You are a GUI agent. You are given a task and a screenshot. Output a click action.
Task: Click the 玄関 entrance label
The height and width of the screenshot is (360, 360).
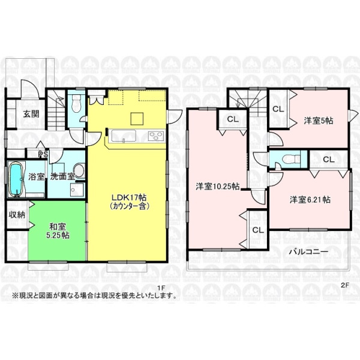click(x=31, y=114)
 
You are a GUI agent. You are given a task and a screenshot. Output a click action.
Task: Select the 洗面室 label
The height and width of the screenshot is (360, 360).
click(x=62, y=176)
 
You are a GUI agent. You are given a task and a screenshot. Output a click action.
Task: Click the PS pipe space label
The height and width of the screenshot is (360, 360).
click(x=43, y=154)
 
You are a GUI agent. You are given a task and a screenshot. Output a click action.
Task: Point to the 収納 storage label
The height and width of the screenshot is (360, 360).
click(x=17, y=215)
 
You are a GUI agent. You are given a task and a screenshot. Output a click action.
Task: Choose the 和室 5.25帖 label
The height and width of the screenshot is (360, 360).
click(x=58, y=231)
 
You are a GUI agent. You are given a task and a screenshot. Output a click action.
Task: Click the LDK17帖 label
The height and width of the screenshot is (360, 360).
click(x=129, y=202)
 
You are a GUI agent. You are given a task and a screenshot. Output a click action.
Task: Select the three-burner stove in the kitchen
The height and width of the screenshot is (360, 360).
click(x=157, y=136)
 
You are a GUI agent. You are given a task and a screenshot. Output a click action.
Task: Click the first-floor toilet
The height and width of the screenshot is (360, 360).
click(x=76, y=103)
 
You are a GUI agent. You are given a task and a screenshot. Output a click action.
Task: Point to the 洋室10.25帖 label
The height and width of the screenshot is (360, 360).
click(x=217, y=187)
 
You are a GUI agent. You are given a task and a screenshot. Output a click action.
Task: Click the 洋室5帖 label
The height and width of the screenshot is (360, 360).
click(x=319, y=121)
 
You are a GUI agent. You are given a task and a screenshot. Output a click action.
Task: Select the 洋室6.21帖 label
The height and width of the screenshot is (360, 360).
click(x=310, y=200)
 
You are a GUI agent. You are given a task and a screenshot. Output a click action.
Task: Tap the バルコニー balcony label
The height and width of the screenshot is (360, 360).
click(x=308, y=251)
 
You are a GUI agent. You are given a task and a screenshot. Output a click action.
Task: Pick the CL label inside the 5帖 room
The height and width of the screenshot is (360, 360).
click(x=278, y=109)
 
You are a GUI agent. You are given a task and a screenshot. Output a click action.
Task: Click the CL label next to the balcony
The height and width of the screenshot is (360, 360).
click(x=258, y=230)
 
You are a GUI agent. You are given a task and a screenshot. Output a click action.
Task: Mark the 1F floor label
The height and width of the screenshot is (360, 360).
click(x=161, y=287)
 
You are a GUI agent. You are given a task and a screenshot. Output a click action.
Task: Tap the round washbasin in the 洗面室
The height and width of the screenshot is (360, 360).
click(x=80, y=170)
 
